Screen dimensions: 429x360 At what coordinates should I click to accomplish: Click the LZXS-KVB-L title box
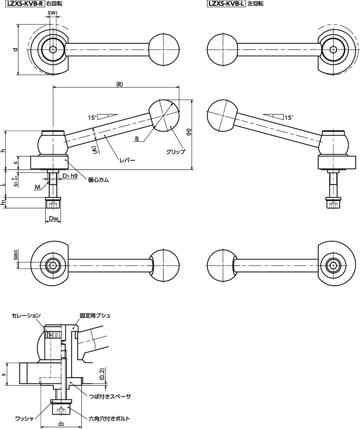226,4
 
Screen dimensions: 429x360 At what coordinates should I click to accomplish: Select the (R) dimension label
119,84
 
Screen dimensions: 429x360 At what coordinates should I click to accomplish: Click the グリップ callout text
175,152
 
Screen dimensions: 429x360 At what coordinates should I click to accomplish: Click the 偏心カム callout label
98,180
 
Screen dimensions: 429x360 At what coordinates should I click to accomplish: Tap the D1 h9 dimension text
70,176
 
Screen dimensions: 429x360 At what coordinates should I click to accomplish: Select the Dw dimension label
53,219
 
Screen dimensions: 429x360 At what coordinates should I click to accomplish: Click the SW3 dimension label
15,255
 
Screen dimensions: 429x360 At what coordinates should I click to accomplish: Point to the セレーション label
26,315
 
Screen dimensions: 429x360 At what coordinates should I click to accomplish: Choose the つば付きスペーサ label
110,396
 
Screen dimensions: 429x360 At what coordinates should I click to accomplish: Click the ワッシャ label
24,418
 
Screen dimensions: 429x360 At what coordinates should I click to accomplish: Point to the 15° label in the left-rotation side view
289,117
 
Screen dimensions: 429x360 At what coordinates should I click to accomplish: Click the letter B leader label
137,139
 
